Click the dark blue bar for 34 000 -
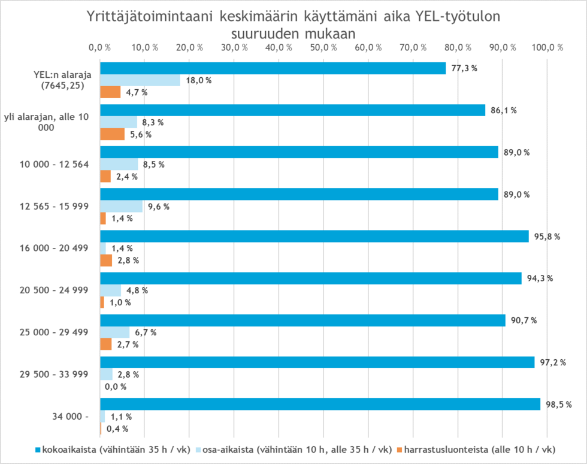pyautogui.click(x=320, y=404)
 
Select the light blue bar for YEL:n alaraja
pyautogui.click(x=140, y=80)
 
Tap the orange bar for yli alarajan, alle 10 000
pyautogui.click(x=112, y=134)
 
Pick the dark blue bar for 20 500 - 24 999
pyautogui.click(x=310, y=278)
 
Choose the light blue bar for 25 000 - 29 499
pyautogui.click(x=114, y=332)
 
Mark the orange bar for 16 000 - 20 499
pyautogui.click(x=106, y=260)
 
